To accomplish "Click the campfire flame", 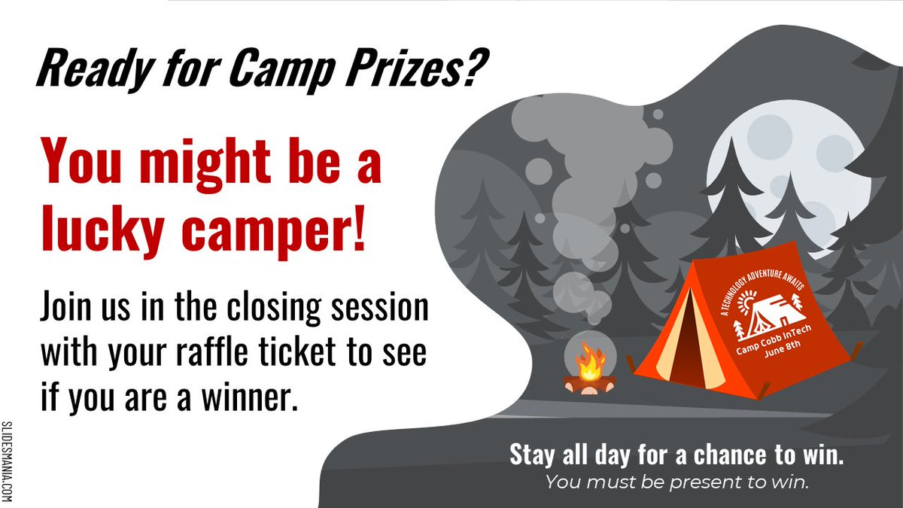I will coord(589,364).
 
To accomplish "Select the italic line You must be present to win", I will coord(677,482).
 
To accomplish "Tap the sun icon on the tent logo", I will coord(744,304).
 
